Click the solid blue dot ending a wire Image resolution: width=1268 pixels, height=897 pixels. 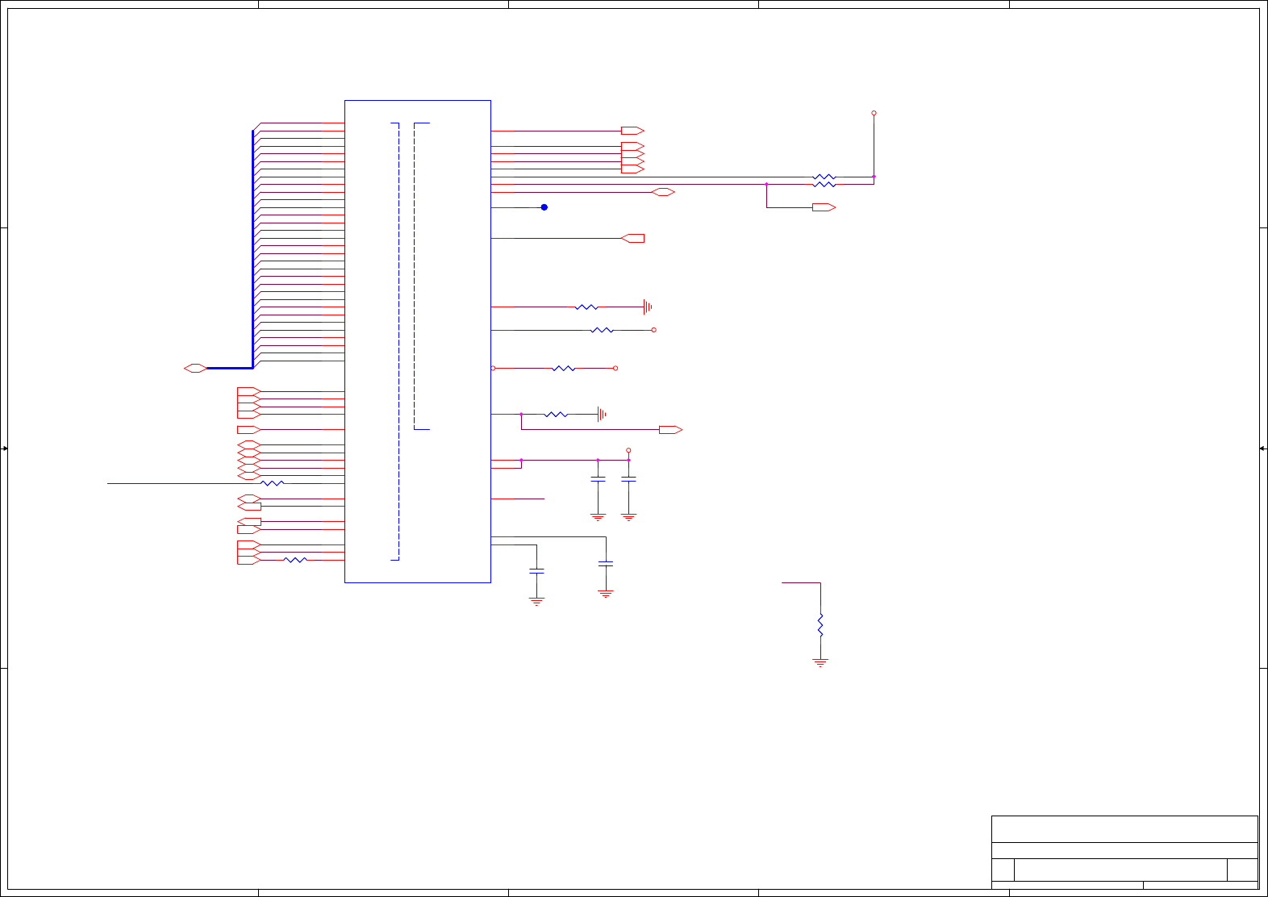(x=544, y=207)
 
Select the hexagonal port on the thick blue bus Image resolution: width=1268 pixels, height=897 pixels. (x=195, y=368)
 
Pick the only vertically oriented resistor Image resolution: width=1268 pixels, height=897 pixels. (x=820, y=625)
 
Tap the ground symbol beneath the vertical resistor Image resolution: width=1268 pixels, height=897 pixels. (x=820, y=663)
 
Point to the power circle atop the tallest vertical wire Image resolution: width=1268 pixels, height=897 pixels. (x=874, y=113)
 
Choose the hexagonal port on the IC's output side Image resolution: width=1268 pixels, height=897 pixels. (x=663, y=192)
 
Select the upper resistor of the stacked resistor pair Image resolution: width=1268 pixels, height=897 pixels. (x=824, y=177)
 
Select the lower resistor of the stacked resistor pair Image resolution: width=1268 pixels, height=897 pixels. (x=824, y=185)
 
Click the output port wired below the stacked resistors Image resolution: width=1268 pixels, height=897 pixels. (x=824, y=207)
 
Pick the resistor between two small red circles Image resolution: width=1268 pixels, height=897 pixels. (x=563, y=368)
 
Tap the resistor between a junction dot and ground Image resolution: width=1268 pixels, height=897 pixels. (x=556, y=415)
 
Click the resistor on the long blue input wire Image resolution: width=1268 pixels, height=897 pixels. (x=273, y=483)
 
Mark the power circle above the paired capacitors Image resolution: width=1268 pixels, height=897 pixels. (x=628, y=450)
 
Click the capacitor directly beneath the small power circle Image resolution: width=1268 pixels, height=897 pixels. (x=628, y=480)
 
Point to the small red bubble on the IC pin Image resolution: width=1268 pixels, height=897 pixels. (x=493, y=368)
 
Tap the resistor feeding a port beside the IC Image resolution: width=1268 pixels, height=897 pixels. (x=295, y=560)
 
